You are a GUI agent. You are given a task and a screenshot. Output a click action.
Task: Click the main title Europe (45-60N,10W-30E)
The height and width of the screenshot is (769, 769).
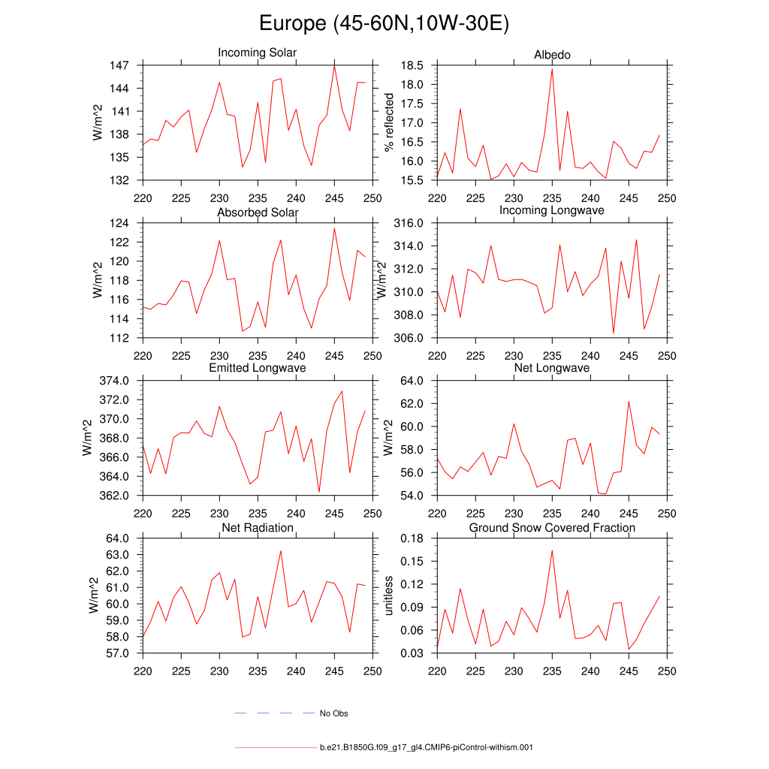[x=384, y=24]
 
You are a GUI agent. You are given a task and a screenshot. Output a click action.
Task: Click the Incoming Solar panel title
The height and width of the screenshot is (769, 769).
[x=257, y=53]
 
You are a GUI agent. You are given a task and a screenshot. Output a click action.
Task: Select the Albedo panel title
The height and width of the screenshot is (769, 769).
[x=552, y=55]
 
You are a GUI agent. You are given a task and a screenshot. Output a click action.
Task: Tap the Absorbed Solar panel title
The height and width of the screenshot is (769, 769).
[x=258, y=213]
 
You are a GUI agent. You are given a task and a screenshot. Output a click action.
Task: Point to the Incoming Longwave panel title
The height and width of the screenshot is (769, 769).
[x=552, y=210]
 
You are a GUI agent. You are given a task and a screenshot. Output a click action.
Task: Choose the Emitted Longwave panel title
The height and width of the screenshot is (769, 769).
[x=258, y=368]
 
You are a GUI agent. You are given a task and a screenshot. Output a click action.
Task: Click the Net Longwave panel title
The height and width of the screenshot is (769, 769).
[x=552, y=368]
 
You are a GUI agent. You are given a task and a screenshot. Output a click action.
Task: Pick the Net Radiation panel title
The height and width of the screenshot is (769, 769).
[x=258, y=528]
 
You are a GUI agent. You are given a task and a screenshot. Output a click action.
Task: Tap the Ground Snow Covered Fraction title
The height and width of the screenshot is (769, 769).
[x=552, y=528]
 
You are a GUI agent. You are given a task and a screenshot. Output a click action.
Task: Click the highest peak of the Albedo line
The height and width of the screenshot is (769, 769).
[x=552, y=69]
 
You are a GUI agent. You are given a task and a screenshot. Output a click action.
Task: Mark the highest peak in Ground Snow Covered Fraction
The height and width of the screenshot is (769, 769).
[x=552, y=550]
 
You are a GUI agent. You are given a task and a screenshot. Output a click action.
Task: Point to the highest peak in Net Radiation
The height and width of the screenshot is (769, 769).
[x=281, y=551]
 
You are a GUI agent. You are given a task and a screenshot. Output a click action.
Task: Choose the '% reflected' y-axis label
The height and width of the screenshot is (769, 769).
[x=388, y=122]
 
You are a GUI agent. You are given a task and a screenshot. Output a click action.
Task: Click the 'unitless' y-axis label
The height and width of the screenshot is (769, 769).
[x=388, y=596]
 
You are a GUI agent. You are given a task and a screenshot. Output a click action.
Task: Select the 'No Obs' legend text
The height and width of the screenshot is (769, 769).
[x=333, y=713]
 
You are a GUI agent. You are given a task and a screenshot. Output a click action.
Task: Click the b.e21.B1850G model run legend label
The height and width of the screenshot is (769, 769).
[x=426, y=747]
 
